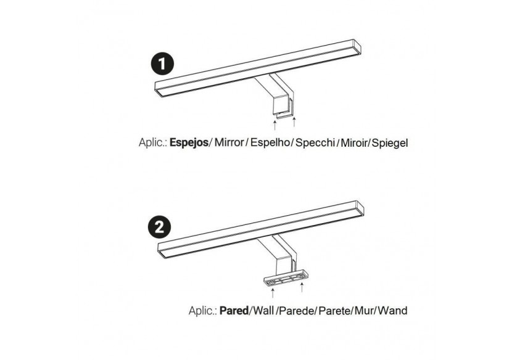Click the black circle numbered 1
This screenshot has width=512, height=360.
click(x=163, y=63)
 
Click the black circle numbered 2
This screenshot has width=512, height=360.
click(x=159, y=227)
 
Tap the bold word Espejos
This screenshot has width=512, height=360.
click(x=189, y=142)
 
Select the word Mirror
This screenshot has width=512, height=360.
click(x=229, y=142)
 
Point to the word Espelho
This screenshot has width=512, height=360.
click(x=270, y=142)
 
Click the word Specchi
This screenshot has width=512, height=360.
click(x=315, y=142)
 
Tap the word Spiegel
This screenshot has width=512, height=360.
click(x=390, y=142)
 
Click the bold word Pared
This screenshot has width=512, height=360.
click(x=234, y=311)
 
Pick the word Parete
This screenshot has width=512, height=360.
click(x=334, y=311)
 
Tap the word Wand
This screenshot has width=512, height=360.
click(x=392, y=311)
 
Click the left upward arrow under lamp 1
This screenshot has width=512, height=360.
click(x=275, y=125)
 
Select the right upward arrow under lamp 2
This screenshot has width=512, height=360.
click(x=302, y=287)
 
